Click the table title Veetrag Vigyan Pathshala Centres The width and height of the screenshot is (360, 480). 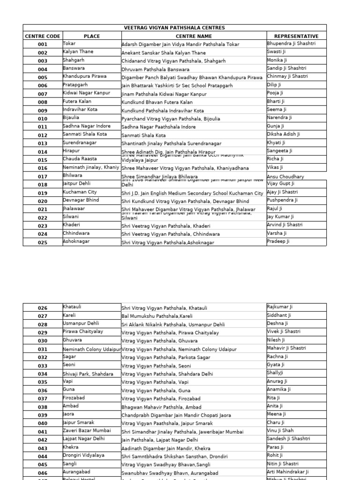point(174,28)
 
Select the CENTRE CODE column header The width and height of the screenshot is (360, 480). point(43,36)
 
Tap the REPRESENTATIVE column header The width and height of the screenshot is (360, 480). point(296,36)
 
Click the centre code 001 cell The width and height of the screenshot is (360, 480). point(43,45)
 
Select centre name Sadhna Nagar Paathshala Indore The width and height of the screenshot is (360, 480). point(159,127)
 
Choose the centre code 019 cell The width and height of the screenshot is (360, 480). point(43,193)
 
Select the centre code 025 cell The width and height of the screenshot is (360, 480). point(43,242)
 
